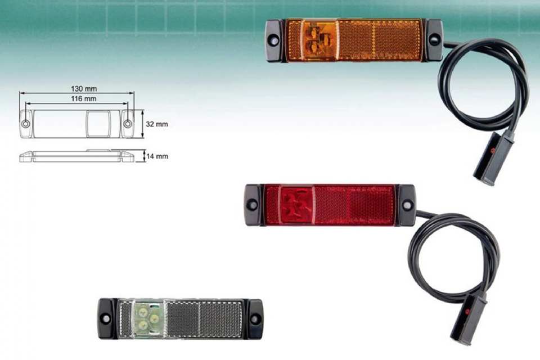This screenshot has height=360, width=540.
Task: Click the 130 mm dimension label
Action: click(x=84, y=88)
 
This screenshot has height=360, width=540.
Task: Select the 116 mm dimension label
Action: click(x=84, y=99)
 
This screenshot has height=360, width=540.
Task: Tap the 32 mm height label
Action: click(x=157, y=124)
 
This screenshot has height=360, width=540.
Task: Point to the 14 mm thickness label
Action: click(x=157, y=156)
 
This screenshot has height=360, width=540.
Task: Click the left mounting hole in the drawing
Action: click(x=26, y=124)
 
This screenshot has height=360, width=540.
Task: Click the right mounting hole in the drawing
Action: click(x=128, y=124)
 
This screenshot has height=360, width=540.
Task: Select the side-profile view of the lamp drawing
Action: click(x=77, y=156)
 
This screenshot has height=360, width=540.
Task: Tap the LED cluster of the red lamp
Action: click(x=296, y=206)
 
